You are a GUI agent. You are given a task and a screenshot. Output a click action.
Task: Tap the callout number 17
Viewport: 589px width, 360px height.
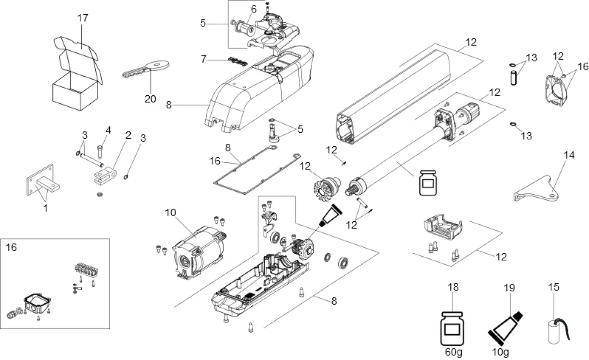[x=83, y=19]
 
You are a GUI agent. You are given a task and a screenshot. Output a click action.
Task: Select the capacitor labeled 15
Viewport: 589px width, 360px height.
[x=554, y=329]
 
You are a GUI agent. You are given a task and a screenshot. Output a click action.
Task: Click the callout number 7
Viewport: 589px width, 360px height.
[x=204, y=59]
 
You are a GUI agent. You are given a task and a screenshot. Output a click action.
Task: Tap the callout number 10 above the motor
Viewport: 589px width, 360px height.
[x=170, y=213]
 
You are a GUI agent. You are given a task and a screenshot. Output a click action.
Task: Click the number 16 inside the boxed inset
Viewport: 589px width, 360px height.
[x=11, y=247]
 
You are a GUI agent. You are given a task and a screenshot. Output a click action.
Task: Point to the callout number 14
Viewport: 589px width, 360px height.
[x=569, y=155]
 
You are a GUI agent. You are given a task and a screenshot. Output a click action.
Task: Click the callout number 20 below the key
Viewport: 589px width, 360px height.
[x=151, y=99]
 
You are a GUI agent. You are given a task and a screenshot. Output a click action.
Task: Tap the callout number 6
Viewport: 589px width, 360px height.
[x=253, y=9]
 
